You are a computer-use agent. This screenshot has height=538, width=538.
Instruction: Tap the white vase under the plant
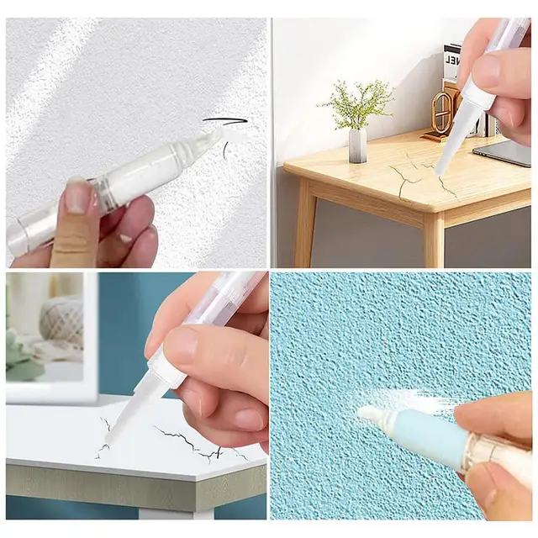358,145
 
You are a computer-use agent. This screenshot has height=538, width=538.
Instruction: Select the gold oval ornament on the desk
441,113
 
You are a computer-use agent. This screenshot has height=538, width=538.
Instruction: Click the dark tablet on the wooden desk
502,152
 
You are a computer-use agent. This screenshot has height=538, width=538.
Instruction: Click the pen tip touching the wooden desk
440,169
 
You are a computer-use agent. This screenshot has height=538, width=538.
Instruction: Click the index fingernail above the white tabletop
181,345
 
